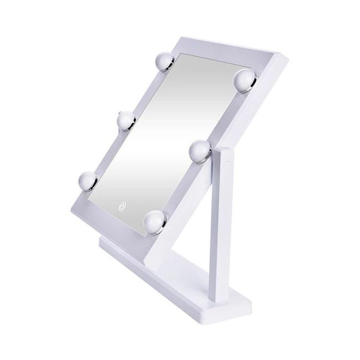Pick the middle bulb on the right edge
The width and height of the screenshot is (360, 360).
click(199, 149)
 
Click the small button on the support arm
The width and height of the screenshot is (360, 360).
click(227, 162)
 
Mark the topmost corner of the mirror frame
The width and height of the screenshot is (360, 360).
click(181, 38)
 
